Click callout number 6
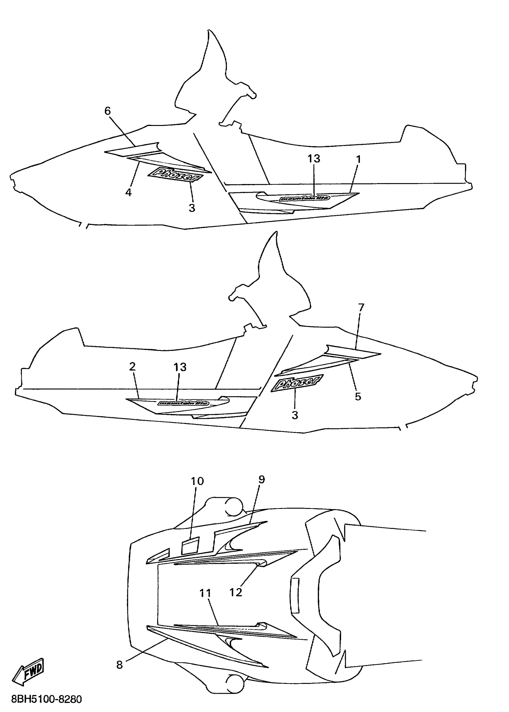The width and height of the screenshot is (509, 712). (x=107, y=111)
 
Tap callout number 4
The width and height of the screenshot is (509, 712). (x=128, y=192)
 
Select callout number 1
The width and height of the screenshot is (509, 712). (x=359, y=159)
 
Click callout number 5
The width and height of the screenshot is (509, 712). (x=358, y=396)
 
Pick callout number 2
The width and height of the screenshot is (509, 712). (x=132, y=366)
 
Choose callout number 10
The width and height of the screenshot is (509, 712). (x=197, y=481)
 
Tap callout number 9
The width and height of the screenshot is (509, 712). (x=262, y=479)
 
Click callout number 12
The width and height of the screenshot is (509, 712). (x=236, y=592)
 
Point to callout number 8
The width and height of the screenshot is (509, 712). (x=119, y=664)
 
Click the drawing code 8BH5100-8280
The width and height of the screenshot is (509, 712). (x=46, y=699)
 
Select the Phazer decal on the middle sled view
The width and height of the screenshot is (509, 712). (x=296, y=384)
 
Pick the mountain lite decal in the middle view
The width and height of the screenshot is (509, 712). (x=183, y=403)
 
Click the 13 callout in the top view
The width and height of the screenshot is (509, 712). (x=314, y=159)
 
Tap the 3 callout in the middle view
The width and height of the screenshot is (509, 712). (x=295, y=415)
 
